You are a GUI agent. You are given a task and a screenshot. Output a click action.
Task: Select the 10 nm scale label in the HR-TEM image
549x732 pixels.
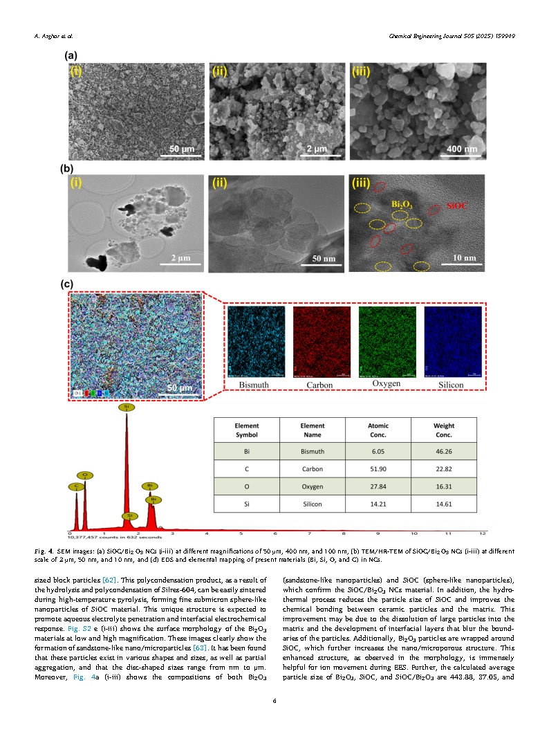(x=463, y=258)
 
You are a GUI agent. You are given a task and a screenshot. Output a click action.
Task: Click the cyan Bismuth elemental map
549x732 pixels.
(x=256, y=342)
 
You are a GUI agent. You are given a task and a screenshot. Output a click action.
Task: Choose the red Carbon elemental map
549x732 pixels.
(x=322, y=342)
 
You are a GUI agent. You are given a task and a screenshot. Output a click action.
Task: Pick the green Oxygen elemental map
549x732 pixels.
(x=387, y=342)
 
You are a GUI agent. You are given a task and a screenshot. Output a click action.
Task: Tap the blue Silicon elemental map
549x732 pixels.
(x=453, y=342)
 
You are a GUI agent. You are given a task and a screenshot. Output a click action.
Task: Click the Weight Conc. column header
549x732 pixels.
(x=443, y=430)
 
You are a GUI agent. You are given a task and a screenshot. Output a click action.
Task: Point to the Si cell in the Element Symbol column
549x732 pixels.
(x=247, y=504)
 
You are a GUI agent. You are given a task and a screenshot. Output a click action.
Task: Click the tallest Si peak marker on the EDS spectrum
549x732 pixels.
(x=126, y=408)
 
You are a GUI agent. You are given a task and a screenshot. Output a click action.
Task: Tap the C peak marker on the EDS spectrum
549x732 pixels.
(x=75, y=487)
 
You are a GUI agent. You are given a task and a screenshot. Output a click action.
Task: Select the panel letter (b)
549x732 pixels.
(x=68, y=168)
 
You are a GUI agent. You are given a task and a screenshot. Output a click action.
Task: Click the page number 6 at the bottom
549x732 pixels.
(x=274, y=702)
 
